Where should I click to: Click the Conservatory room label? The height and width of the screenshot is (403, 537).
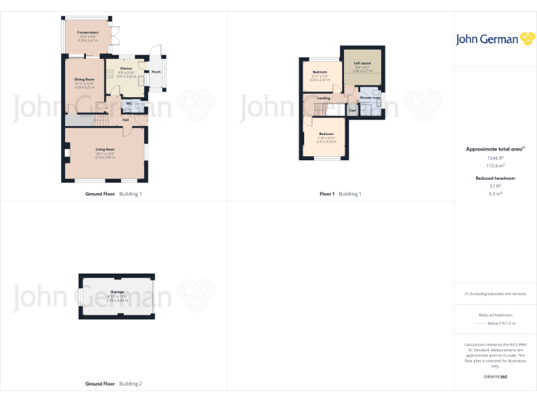(x=87, y=32)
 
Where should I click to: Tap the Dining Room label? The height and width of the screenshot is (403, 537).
(x=85, y=79)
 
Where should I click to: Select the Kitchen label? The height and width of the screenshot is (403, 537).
(x=126, y=69)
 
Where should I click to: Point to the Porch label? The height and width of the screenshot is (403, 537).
(x=156, y=71)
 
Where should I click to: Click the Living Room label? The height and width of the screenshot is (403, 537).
(x=105, y=149)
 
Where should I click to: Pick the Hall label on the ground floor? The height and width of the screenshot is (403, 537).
(x=126, y=120)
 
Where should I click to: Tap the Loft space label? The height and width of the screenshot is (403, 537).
(x=361, y=63)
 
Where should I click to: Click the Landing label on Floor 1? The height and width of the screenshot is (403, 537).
(x=324, y=98)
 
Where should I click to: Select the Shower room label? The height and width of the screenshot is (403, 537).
(x=370, y=97)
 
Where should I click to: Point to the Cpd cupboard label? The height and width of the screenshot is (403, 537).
(x=352, y=110)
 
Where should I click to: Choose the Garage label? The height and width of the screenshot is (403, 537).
(x=117, y=292)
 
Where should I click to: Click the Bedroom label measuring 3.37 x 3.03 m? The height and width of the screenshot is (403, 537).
(x=326, y=134)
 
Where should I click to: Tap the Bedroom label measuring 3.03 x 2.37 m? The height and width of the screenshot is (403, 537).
(x=320, y=72)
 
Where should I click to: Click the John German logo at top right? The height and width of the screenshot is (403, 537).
(x=495, y=39)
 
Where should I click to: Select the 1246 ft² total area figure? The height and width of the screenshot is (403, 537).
(x=495, y=158)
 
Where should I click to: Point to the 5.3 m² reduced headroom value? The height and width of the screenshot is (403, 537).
(x=495, y=193)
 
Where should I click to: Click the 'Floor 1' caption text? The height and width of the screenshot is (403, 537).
(x=322, y=194)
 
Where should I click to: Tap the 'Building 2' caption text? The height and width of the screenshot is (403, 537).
(x=130, y=384)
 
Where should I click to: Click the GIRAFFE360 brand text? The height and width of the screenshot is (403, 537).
(x=495, y=377)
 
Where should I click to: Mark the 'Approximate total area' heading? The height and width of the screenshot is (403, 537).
(x=494, y=149)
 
